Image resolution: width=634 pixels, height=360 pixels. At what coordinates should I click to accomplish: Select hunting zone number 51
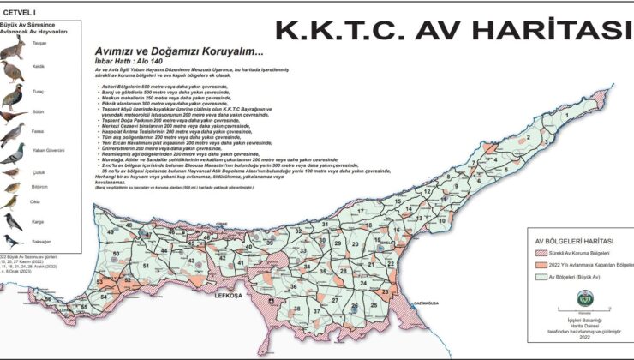[147, 266]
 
